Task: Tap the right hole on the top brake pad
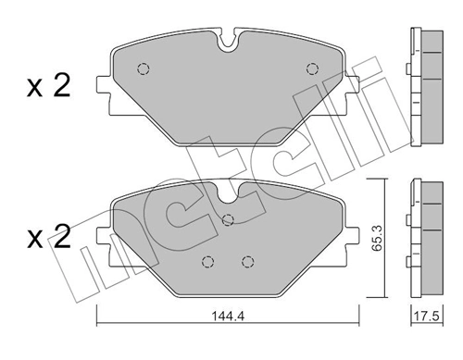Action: click(x=312, y=68)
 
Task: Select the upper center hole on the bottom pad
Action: click(x=229, y=220)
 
